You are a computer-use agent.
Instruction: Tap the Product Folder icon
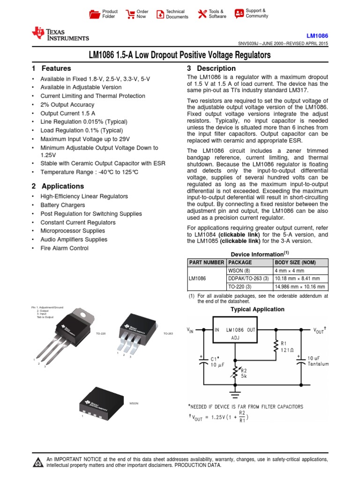(x=95, y=14)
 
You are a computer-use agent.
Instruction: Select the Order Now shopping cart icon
(x=130, y=14)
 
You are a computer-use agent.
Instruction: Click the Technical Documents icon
(x=160, y=14)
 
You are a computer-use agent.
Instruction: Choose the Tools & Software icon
(x=202, y=14)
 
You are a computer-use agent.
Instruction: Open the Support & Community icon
(x=239, y=13)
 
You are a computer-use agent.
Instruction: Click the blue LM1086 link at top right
(x=317, y=36)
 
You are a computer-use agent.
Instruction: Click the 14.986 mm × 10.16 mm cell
(x=300, y=287)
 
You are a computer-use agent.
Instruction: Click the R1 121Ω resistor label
(x=287, y=346)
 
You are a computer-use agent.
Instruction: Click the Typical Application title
(x=257, y=309)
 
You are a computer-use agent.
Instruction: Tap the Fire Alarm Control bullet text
(x=64, y=248)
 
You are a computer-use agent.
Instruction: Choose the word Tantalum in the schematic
(x=319, y=363)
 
